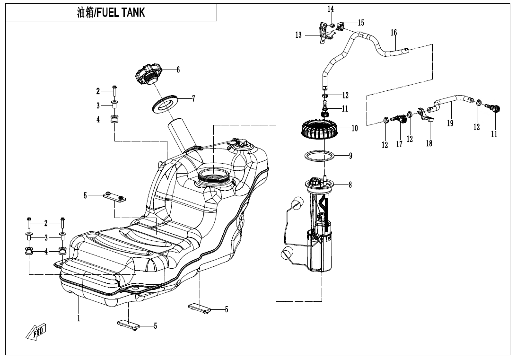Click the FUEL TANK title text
pyautogui.click(x=111, y=13)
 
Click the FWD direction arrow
pyautogui.click(x=35, y=333)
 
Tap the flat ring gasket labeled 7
pyautogui.click(x=165, y=104)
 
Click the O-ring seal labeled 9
pyautogui.click(x=320, y=156)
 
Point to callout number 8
pyautogui.click(x=350, y=185)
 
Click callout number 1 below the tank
pyautogui.click(x=79, y=318)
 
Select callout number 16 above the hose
pyautogui.click(x=394, y=33)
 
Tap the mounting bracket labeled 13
pyautogui.click(x=324, y=32)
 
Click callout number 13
pyautogui.click(x=298, y=35)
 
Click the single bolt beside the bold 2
pyautogui.click(x=114, y=90)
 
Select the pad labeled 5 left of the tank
pyautogui.click(x=114, y=197)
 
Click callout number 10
pyautogui.click(x=355, y=128)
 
